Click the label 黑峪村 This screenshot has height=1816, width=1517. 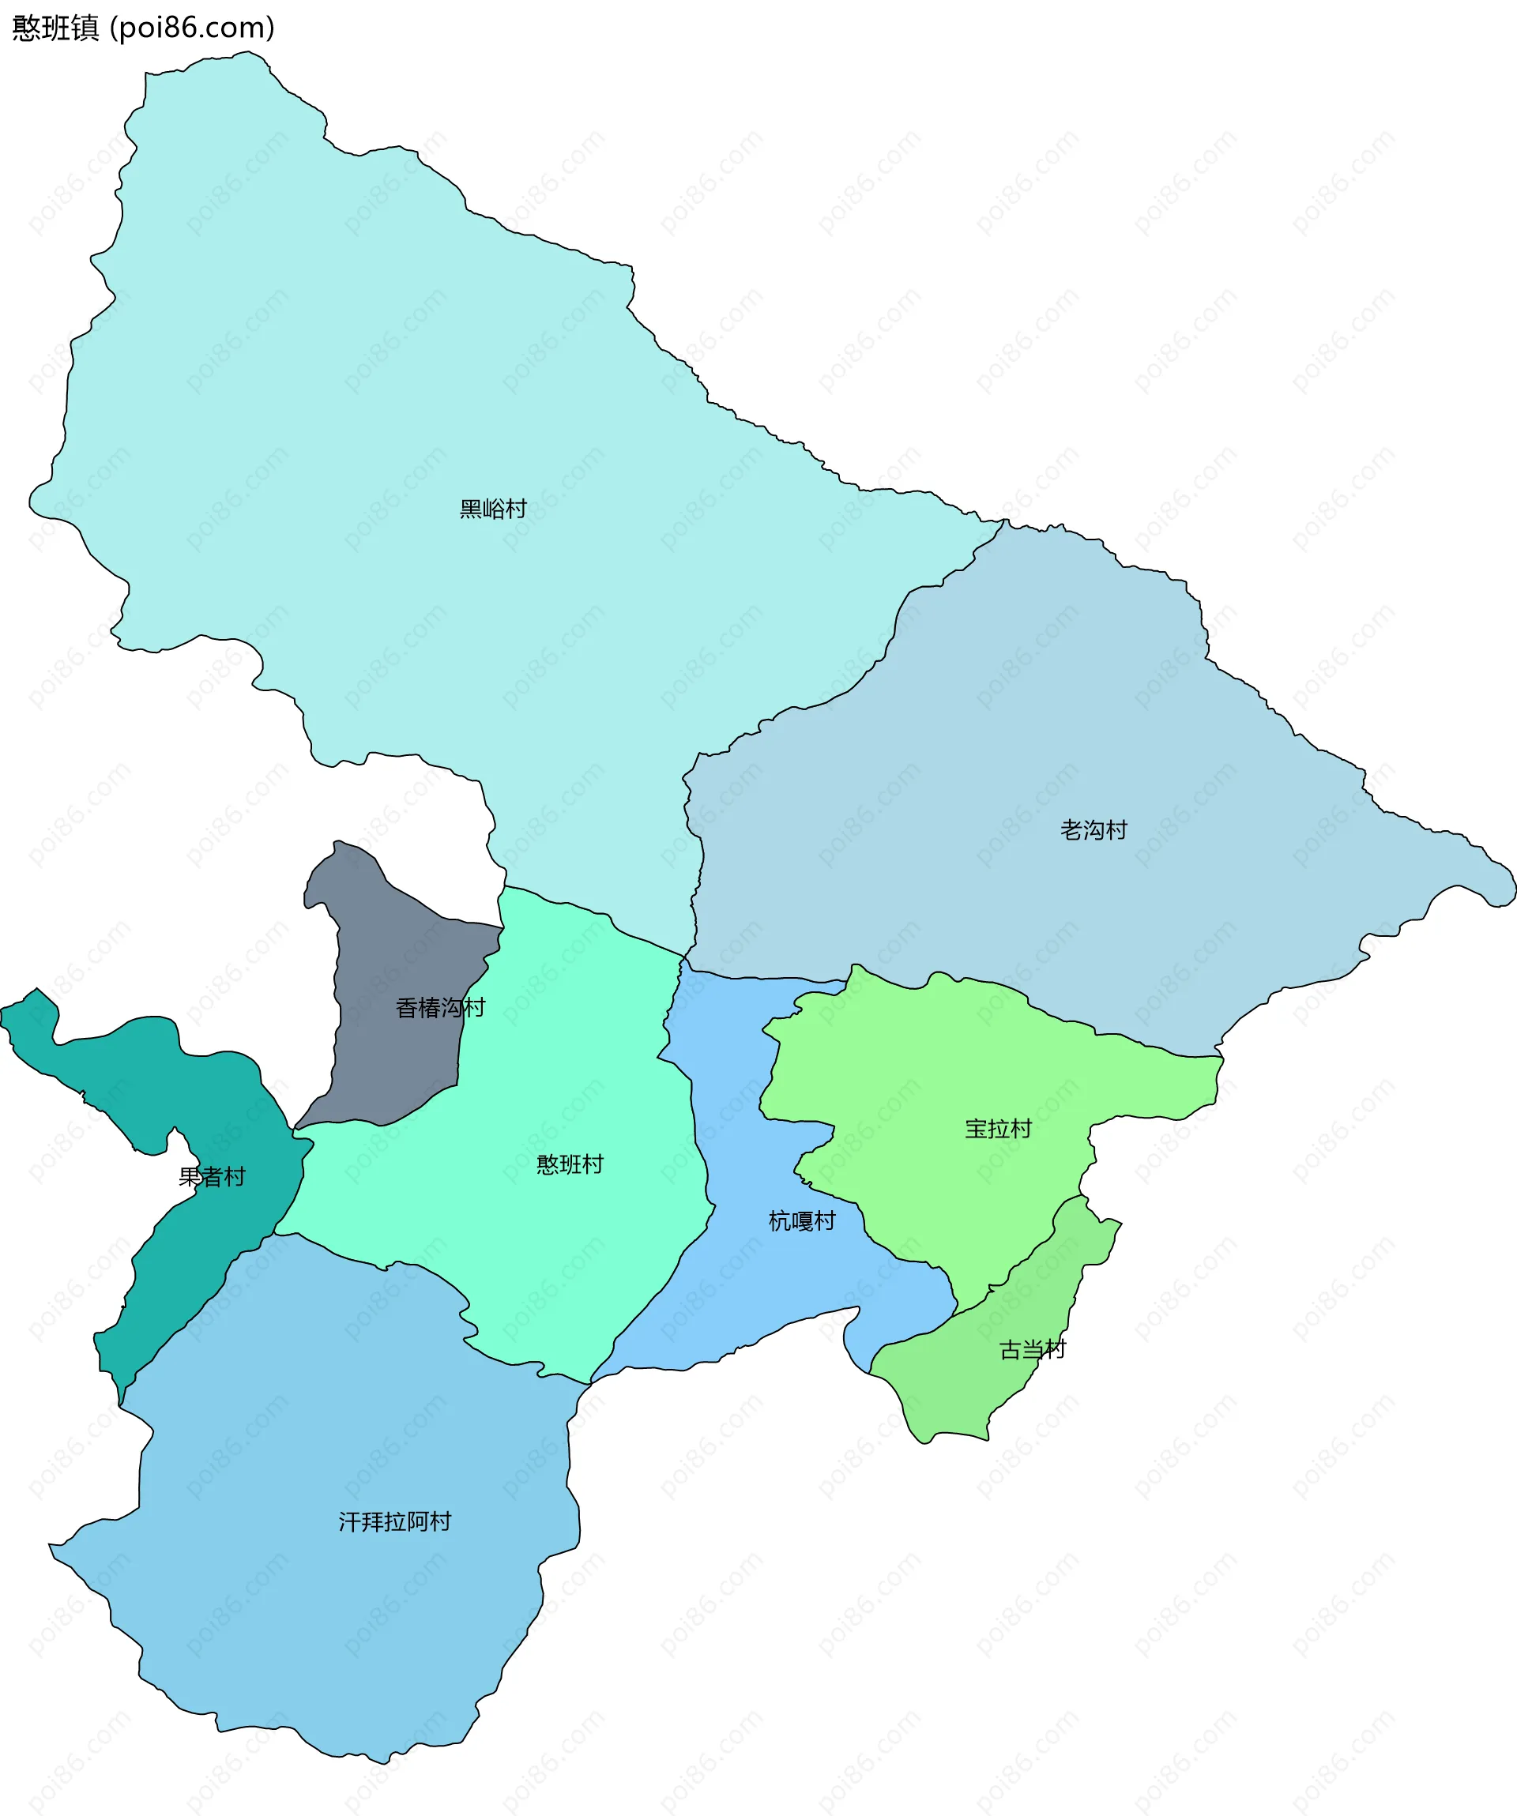pos(493,509)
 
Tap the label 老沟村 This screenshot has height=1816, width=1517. pos(1094,830)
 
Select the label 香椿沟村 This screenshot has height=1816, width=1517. pos(440,1007)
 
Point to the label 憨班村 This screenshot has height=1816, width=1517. pos(570,1164)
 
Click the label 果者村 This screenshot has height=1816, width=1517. pos(212,1176)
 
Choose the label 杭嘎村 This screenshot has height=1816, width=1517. pos(802,1221)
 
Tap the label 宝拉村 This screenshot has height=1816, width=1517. pos(998,1129)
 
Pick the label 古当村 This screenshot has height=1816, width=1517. pos(1033,1349)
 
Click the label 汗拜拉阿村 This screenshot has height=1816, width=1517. pos(394,1521)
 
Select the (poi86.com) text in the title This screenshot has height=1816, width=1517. pos(192,28)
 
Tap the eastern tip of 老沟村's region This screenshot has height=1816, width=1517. pos(1511,891)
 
